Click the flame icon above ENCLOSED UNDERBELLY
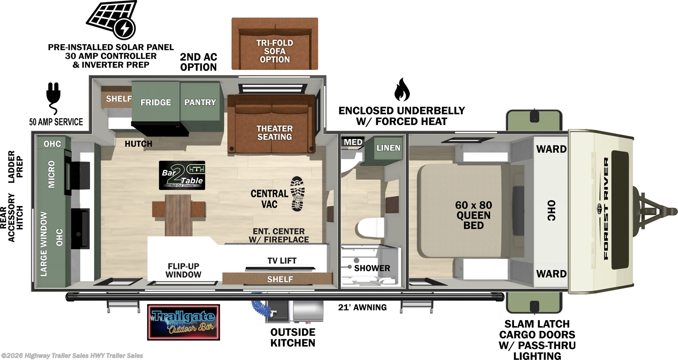(401, 89)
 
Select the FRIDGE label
(156, 102)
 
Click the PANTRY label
(200, 102)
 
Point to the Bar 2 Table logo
(182, 175)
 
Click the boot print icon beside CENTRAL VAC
(297, 194)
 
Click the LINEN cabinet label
(388, 148)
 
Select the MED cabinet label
(353, 142)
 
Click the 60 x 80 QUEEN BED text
(473, 215)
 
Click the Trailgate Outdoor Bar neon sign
(183, 322)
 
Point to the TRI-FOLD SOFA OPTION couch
(275, 44)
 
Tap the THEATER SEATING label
(274, 133)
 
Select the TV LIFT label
(282, 261)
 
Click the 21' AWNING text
(362, 307)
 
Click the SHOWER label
(372, 268)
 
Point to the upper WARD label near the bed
(551, 149)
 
